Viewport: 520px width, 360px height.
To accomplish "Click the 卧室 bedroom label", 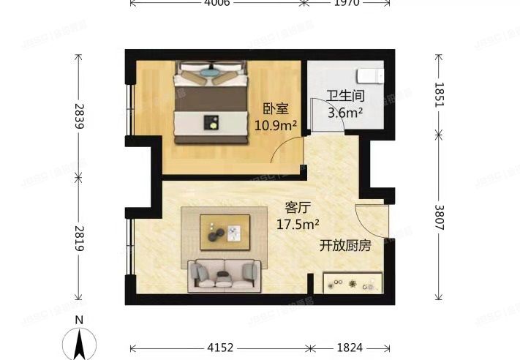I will pos(276,109).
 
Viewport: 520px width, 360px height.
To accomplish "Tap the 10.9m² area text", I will pos(275,124).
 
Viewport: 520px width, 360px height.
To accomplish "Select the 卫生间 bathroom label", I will pos(345,97).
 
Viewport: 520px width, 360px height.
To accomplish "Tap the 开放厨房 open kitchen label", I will pos(345,246).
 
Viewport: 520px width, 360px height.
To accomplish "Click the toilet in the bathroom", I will pos(370,76).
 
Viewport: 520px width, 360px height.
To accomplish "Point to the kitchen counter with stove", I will pos(353,283).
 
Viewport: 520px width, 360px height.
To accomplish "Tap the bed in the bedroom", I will pos(211,102).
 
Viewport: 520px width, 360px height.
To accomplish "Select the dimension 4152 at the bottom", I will pos(220,346).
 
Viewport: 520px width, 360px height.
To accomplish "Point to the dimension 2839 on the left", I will pos(79,116).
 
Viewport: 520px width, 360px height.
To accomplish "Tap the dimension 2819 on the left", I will pos(79,238).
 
